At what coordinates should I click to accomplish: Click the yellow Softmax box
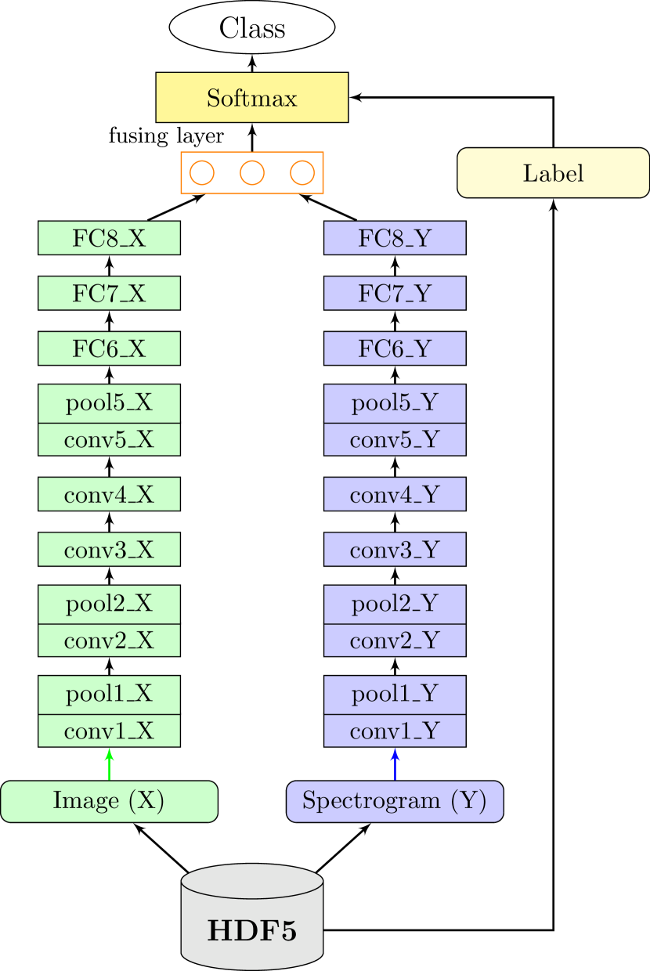click(251, 98)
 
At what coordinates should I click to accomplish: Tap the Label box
click(553, 172)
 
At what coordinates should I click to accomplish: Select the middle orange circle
click(251, 172)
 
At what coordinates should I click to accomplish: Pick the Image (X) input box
click(109, 801)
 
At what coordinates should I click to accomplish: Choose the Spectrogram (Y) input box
click(395, 801)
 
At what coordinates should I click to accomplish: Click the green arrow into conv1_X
click(109, 764)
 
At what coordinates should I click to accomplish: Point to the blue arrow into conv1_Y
click(395, 764)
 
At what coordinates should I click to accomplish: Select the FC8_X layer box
click(109, 238)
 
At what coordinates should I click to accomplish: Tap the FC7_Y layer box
click(395, 293)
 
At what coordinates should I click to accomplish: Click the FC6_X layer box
click(109, 348)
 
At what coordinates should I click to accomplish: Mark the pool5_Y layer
click(395, 403)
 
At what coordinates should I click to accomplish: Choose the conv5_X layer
click(109, 440)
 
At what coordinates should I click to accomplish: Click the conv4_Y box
click(395, 494)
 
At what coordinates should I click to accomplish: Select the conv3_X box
click(109, 550)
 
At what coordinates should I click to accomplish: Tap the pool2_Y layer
click(395, 604)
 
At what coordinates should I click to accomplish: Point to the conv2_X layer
click(109, 641)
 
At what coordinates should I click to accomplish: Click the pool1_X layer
click(109, 695)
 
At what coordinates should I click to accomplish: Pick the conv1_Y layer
click(395, 731)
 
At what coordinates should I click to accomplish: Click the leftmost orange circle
click(201, 172)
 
